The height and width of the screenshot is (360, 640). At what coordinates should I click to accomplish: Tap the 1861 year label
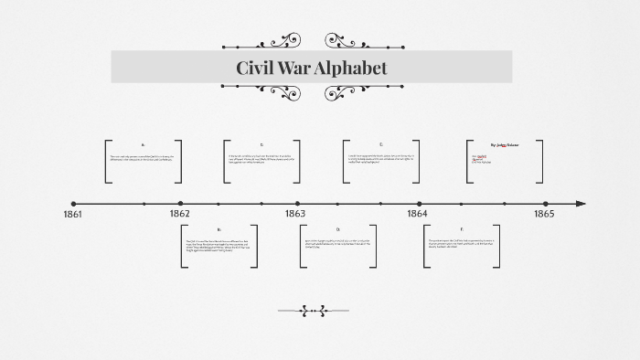(x=72, y=214)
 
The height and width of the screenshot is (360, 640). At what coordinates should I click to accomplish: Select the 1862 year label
(x=180, y=214)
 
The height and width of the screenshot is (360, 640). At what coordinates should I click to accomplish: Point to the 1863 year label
(x=295, y=214)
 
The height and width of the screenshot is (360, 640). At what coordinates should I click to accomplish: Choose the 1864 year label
(x=417, y=214)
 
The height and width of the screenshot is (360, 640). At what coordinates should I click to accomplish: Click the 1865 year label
(x=544, y=214)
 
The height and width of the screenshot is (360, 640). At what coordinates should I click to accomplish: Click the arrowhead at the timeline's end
(x=581, y=204)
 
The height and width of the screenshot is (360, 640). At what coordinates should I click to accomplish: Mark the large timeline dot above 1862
(x=180, y=204)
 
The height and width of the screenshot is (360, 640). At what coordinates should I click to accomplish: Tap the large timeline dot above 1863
(x=297, y=204)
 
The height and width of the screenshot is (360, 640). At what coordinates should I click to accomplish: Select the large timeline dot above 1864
(x=420, y=204)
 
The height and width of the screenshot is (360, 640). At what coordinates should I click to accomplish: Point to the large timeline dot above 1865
(x=545, y=204)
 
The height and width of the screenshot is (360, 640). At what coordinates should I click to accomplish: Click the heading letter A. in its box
(x=144, y=145)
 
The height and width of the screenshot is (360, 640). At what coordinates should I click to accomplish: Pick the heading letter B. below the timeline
(x=219, y=229)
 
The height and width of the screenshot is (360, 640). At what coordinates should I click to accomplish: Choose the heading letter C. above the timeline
(x=261, y=145)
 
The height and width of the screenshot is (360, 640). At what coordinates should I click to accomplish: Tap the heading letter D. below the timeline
(x=337, y=229)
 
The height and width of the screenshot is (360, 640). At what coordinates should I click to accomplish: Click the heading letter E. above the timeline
(x=381, y=145)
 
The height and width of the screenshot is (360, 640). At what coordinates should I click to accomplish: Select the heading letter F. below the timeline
(x=462, y=229)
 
